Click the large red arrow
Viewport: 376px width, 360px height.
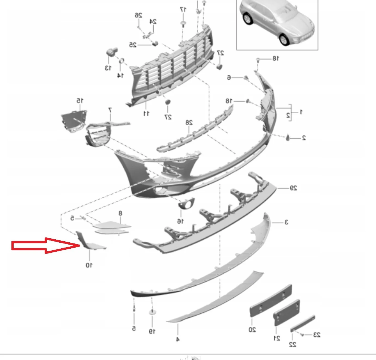coord(46,245)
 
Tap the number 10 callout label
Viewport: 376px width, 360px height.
coord(89,265)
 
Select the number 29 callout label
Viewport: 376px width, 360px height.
coord(293,188)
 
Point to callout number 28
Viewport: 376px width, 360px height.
coord(189,123)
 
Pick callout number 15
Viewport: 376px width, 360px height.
coord(80,100)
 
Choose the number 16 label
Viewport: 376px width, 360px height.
coord(180,221)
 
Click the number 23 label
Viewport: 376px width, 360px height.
coord(316,334)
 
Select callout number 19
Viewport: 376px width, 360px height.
coord(152,332)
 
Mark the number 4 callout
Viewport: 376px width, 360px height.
coord(178,339)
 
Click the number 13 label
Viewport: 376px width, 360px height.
coord(108,68)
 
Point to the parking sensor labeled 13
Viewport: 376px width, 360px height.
coord(112,51)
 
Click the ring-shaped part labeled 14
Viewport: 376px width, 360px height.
coord(121,60)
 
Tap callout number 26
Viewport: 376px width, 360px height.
coord(138,15)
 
